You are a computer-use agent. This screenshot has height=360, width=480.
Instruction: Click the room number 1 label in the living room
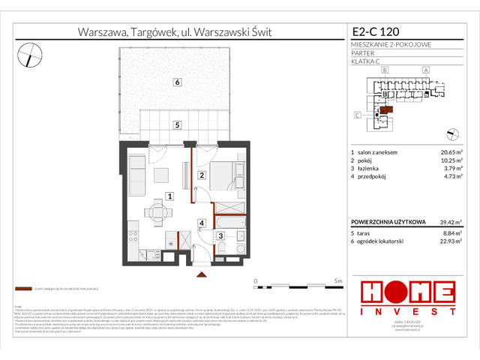click(170, 196)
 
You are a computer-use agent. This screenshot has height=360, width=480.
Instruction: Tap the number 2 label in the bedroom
click(200, 175)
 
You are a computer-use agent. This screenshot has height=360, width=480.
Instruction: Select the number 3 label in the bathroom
click(220, 236)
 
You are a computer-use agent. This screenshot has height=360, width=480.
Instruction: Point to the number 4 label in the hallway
click(201, 223)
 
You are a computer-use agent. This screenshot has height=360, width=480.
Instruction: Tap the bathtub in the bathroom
click(228, 223)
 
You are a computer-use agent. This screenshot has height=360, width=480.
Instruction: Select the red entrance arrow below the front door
click(201, 274)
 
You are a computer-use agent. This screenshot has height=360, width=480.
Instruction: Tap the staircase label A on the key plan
click(425, 70)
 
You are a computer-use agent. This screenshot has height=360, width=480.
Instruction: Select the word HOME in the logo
click(407, 291)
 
